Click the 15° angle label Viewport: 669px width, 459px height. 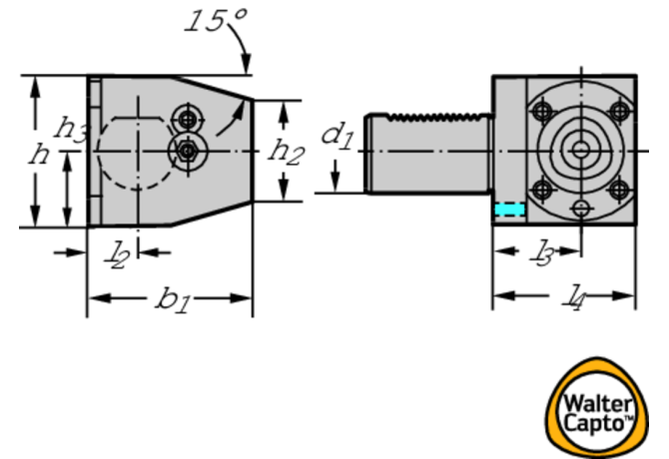coord(216,21)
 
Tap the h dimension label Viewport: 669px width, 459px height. coord(39,154)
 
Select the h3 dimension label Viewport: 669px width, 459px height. coord(71,129)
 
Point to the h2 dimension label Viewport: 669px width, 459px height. coord(286,153)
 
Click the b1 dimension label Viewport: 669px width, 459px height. coord(173,299)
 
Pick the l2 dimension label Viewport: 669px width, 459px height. coord(116,255)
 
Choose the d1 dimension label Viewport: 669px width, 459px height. coord(337,137)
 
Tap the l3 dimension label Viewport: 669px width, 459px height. coord(543,252)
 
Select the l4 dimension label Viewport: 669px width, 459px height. coord(572,297)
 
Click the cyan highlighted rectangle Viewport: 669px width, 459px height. coord(509,210)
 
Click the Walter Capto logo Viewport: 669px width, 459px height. coord(596,407)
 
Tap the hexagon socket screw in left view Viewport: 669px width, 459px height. coord(188,151)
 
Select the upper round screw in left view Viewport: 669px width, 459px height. coord(187,120)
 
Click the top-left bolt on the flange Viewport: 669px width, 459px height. coord(543,112)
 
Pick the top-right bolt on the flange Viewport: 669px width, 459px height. coord(619,112)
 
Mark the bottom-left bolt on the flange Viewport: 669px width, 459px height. coord(543,190)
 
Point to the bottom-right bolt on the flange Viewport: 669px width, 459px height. coord(619,190)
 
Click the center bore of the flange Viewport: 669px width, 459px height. coord(580,150)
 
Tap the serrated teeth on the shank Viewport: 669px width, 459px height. coord(438,117)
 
